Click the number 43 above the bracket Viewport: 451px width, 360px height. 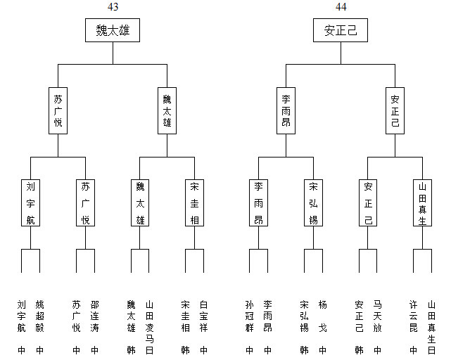click(113, 6)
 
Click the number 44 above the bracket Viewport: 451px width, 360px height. click(341, 6)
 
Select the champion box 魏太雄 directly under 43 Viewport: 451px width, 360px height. click(113, 30)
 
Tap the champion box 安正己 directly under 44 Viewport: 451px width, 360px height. click(341, 30)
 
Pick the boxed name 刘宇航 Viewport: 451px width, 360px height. click(30, 202)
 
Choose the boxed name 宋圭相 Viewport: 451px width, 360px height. click(194, 202)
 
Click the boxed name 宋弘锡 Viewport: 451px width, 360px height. click(313, 202)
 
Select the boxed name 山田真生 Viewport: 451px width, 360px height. click(422, 202)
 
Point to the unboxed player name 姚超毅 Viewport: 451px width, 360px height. click(39, 316)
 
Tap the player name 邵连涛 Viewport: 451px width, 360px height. click(94, 316)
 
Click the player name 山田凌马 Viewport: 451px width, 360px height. click(149, 322)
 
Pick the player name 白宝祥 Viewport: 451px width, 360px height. click(203, 316)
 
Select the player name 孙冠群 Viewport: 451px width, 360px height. click(249, 316)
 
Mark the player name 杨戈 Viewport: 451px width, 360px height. click(322, 316)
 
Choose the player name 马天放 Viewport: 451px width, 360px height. click(377, 316)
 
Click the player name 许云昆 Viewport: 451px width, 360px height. click(413, 316)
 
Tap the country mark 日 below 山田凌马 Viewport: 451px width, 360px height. click(149, 350)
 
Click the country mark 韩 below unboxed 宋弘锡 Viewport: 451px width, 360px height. click(304, 350)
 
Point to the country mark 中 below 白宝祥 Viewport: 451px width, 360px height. click(203, 350)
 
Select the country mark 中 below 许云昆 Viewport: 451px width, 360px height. click(413, 350)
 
